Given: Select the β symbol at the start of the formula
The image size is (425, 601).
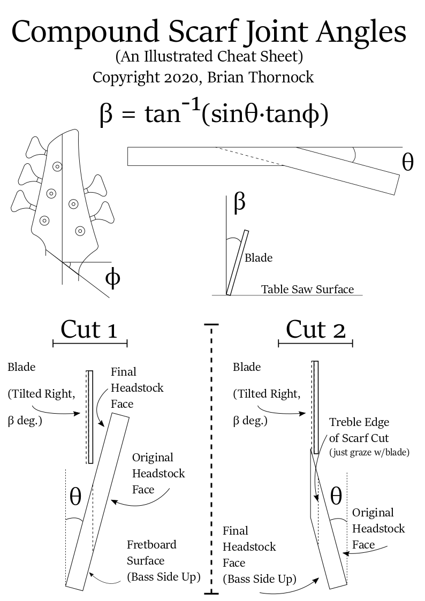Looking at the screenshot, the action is [x=106, y=114].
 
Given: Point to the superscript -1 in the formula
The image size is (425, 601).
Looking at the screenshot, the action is [x=191, y=104].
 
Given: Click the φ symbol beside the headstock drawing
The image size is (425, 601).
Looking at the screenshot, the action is [x=112, y=279].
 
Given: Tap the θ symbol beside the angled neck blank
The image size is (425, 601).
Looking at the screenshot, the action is [x=408, y=162].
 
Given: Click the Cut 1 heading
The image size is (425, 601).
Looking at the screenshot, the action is [x=89, y=330].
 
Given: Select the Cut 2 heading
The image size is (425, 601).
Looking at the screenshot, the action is [x=315, y=330].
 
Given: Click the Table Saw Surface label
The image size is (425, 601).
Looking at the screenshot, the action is [x=307, y=289].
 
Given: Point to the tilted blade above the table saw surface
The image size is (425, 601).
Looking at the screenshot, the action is [x=238, y=263].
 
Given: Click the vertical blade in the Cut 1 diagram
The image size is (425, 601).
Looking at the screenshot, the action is [x=90, y=417].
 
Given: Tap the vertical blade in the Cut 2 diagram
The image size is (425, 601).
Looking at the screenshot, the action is [x=315, y=407].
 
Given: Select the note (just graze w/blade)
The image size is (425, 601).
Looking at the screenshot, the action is [x=369, y=452].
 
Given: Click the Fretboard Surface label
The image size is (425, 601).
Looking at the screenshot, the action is [x=151, y=552].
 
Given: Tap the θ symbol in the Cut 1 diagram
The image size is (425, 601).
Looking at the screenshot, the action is [x=75, y=497].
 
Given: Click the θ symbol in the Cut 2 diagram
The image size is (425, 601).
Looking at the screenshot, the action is [x=336, y=496].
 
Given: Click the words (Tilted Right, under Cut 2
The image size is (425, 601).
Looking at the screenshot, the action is [x=267, y=394].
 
